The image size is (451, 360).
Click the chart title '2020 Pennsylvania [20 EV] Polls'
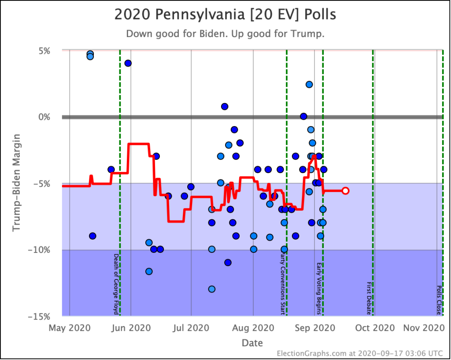pyautogui.click(x=225, y=15)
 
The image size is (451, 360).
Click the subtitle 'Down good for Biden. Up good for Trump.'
pyautogui.click(x=225, y=34)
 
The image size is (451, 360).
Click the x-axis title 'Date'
pyautogui.click(x=252, y=342)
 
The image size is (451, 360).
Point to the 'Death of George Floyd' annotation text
pyautogui.click(x=116, y=284)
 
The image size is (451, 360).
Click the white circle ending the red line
pyautogui.click(x=346, y=191)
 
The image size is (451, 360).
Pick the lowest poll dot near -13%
pyautogui.click(x=211, y=289)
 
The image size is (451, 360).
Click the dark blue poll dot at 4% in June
pyautogui.click(x=128, y=63)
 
